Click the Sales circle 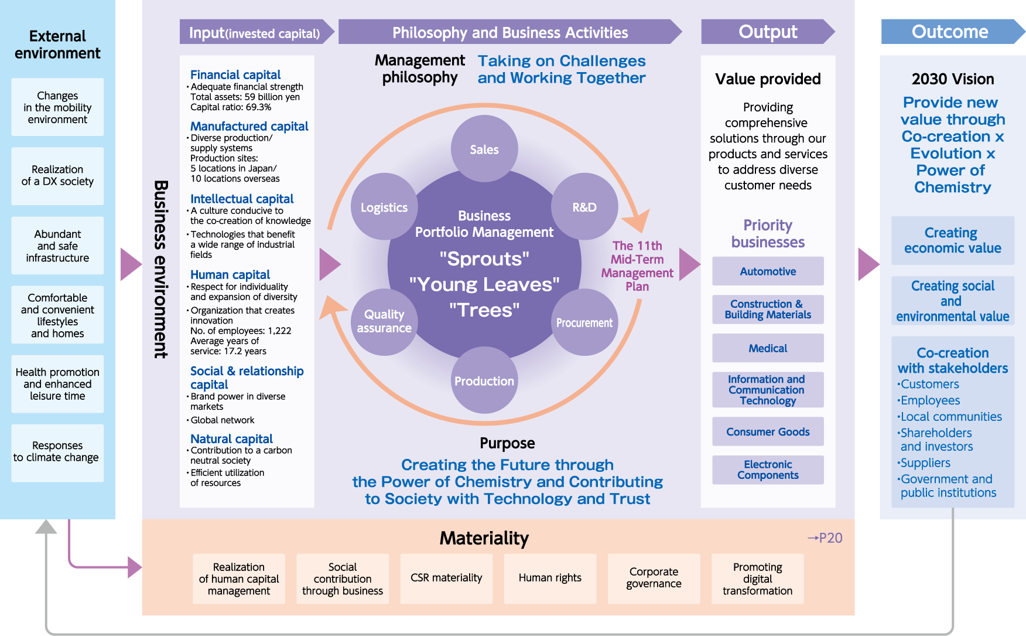[484, 149]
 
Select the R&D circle [584, 207]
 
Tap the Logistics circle [384, 207]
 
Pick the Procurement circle [584, 322]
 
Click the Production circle [484, 380]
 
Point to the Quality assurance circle [384, 321]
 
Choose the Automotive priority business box [768, 271]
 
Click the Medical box [768, 348]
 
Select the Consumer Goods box [768, 431]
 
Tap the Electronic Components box [768, 470]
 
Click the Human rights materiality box [550, 578]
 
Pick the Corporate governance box [654, 578]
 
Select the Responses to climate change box [57, 452]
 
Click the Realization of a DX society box [57, 176]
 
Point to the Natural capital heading [231, 438]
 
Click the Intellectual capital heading [242, 199]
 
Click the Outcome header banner [950, 32]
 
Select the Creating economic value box [952, 240]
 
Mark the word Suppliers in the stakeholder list [925, 462]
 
